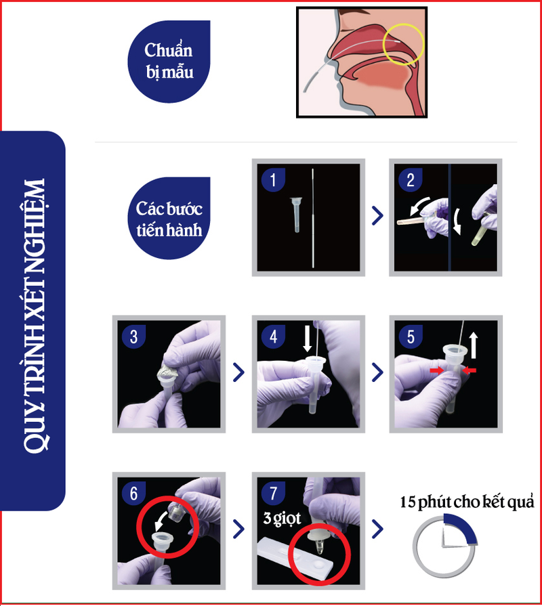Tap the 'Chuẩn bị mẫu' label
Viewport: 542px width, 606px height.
169,60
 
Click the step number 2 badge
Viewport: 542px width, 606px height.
409,180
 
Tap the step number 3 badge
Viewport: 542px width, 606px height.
133,337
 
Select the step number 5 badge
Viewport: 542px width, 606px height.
409,337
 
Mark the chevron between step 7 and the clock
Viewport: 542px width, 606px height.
376,529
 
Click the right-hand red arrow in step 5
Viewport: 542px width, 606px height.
469,370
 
